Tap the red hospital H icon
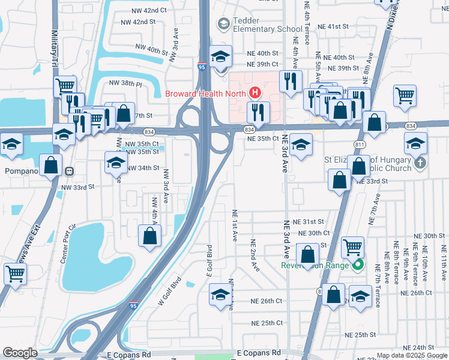click(x=255, y=93)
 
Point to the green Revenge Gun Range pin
click(x=358, y=265)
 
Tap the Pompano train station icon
click(x=70, y=170)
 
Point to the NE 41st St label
click(x=333, y=27)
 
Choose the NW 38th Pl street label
click(x=125, y=84)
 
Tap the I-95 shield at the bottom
click(x=132, y=306)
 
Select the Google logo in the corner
click(x=20, y=353)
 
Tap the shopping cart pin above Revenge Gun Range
click(x=352, y=247)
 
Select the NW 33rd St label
click(x=78, y=187)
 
